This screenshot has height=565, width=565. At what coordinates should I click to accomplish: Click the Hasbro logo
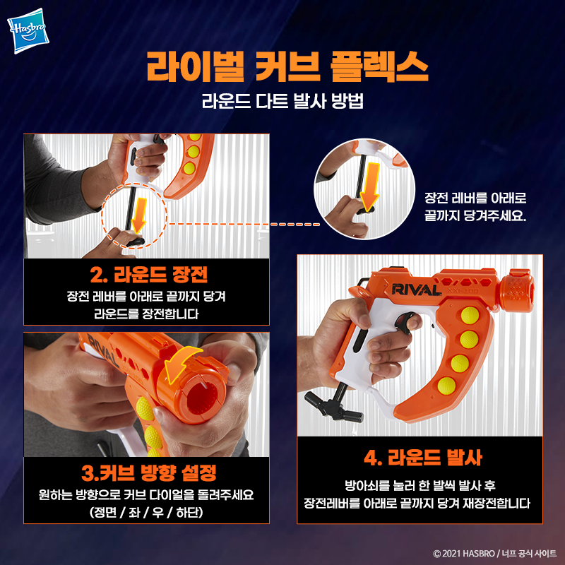tap(28, 30)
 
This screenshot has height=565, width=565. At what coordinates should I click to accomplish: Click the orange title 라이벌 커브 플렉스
tap(287, 66)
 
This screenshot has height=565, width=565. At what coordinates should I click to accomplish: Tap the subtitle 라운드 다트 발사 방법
tap(282, 100)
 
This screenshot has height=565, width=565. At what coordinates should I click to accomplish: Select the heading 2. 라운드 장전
tap(149, 275)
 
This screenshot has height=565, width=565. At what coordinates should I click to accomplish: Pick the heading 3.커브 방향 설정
tap(149, 472)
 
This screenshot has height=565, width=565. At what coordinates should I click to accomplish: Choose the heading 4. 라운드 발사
tap(423, 458)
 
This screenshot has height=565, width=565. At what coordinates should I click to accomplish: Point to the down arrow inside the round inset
tap(370, 186)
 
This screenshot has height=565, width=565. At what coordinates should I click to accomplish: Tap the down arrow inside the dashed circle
tap(138, 215)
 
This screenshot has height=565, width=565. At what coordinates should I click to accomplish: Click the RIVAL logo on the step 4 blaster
tap(416, 290)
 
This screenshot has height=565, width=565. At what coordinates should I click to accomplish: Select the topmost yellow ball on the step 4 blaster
tap(470, 315)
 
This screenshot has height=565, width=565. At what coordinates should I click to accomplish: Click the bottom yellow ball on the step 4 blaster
tap(447, 386)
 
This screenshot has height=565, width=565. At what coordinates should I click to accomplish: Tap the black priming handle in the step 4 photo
tap(333, 406)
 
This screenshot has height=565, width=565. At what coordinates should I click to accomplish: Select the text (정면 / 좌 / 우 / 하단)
tap(146, 512)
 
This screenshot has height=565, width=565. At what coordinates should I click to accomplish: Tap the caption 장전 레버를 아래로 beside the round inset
tap(475, 198)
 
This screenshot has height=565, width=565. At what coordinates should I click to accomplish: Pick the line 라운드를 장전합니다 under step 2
tap(146, 314)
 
